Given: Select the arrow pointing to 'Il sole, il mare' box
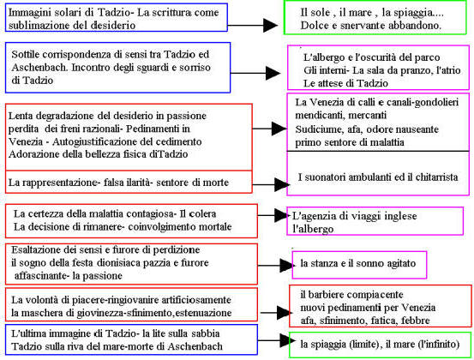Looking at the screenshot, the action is pyautogui.click(x=253, y=26).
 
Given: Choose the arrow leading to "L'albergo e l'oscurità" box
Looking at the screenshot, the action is pyautogui.click(x=255, y=73).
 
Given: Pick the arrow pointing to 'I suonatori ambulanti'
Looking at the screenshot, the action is pyautogui.click(x=271, y=184).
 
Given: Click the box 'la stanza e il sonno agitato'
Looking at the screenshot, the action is pyautogui.click(x=359, y=265).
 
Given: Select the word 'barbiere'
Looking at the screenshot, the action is pyautogui.click(x=330, y=295).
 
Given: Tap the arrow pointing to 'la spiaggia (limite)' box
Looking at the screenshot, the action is pyautogui.click(x=277, y=340).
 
